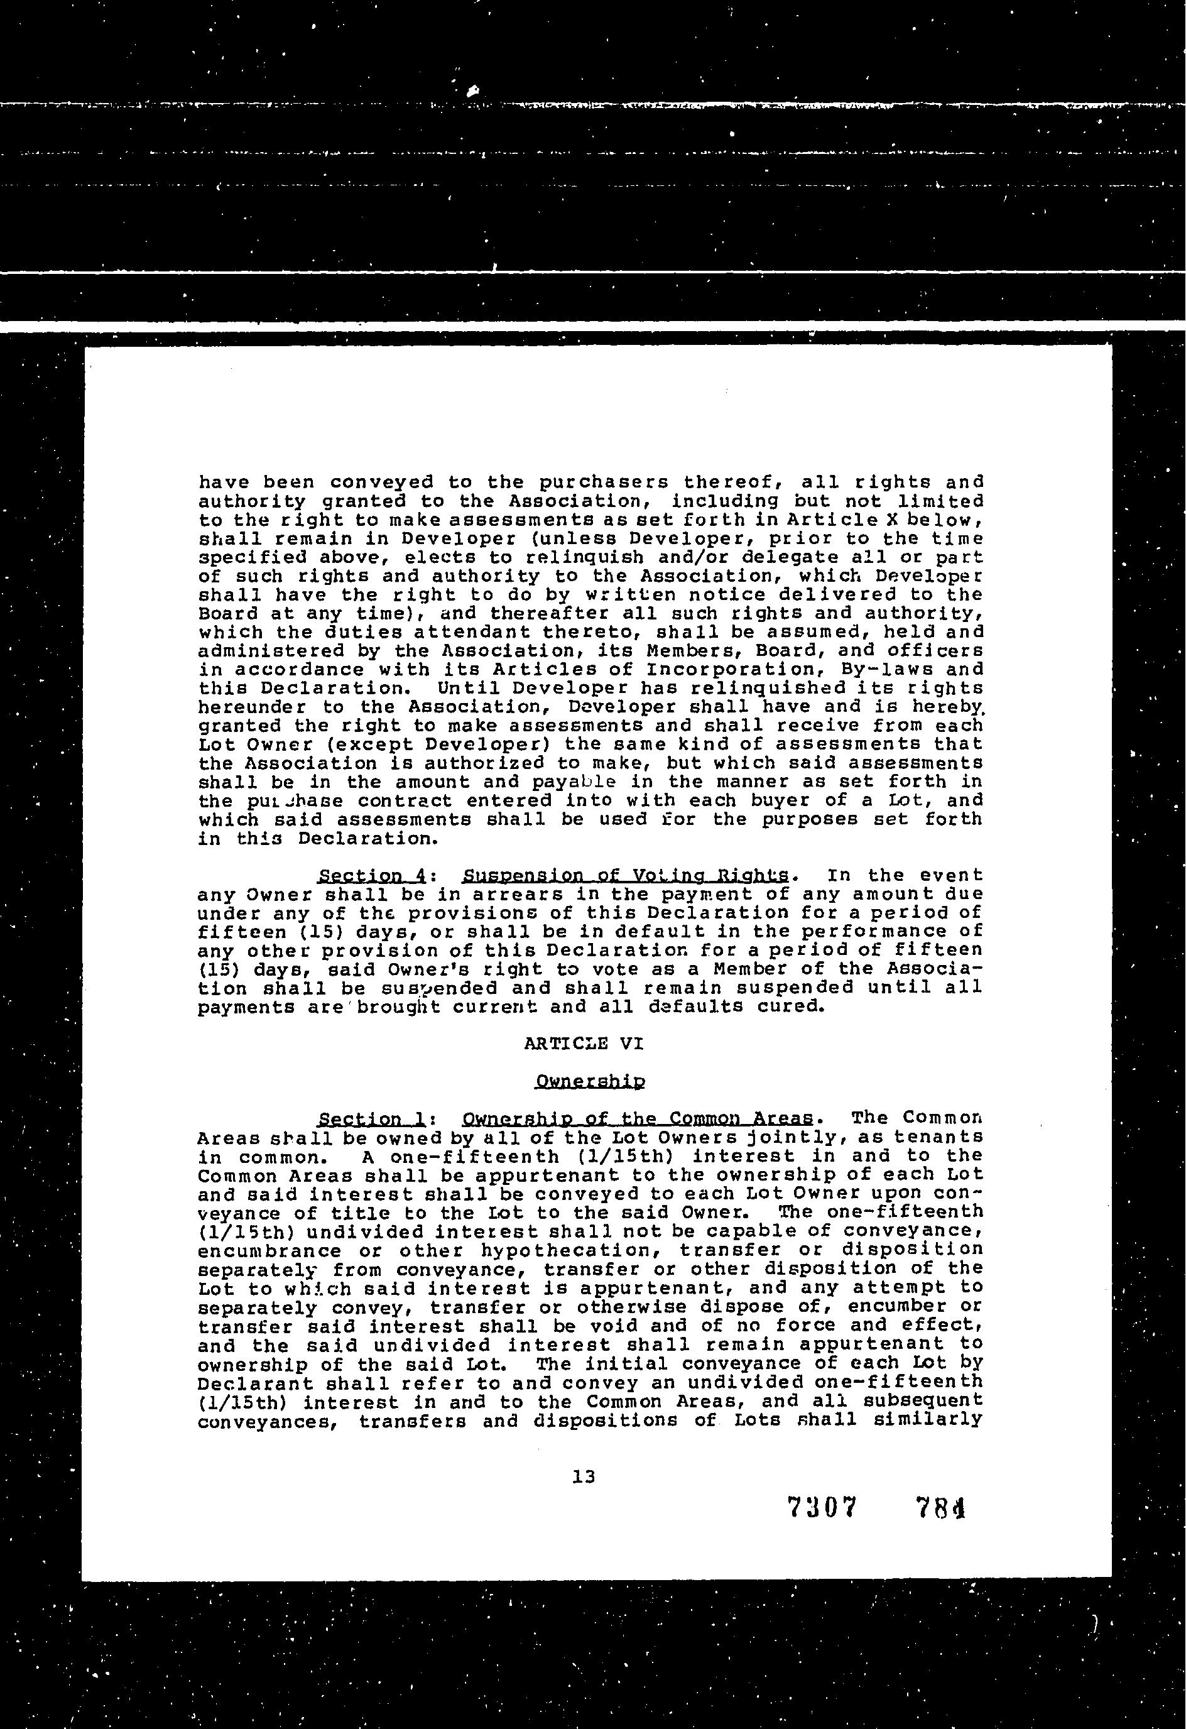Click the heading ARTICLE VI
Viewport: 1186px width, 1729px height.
click(584, 1044)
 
